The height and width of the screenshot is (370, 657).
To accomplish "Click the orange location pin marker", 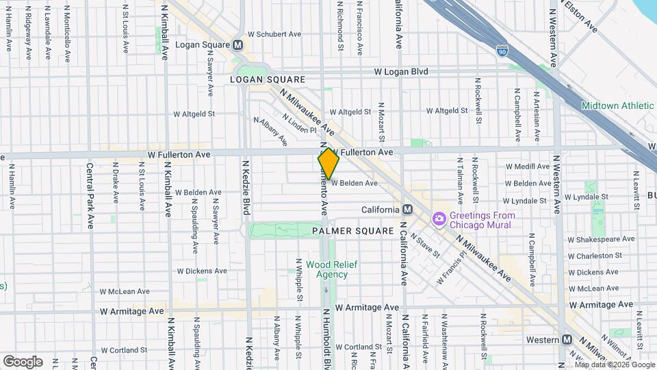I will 328,164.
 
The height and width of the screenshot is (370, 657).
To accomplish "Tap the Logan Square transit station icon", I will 238,45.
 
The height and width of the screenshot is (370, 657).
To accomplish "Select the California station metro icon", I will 408,210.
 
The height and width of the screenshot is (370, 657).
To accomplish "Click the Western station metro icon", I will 567,340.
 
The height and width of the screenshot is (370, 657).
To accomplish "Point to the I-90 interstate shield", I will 502,50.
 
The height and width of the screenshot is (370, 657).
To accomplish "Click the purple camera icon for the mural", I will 439,219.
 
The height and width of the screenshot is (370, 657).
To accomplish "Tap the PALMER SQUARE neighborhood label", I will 352,232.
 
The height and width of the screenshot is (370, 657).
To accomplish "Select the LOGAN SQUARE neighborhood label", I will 266,79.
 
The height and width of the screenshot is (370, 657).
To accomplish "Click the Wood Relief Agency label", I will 331,269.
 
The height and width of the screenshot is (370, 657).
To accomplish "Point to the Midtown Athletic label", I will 617,106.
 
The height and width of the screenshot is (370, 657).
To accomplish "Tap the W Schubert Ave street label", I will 274,34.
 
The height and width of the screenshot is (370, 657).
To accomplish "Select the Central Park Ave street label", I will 90,195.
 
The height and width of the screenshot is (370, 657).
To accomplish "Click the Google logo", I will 23,361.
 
